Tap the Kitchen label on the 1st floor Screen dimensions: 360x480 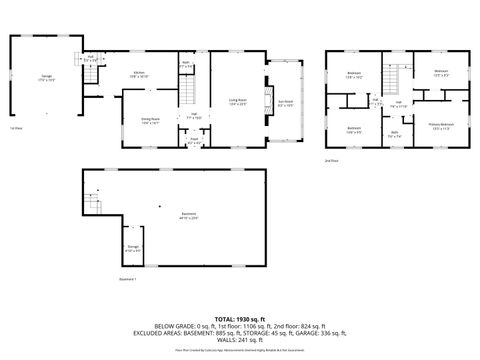(x=139, y=73)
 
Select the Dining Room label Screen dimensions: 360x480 (x=151, y=120)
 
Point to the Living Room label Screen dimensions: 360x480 (x=238, y=101)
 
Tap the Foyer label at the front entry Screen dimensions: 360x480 (x=197, y=141)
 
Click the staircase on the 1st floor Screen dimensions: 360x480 (x=186, y=96)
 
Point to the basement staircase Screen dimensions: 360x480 (x=93, y=205)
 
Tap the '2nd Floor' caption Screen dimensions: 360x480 (x=331, y=160)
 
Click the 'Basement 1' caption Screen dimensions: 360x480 (x=127, y=279)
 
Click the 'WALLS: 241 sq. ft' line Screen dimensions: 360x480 (x=239, y=346)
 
